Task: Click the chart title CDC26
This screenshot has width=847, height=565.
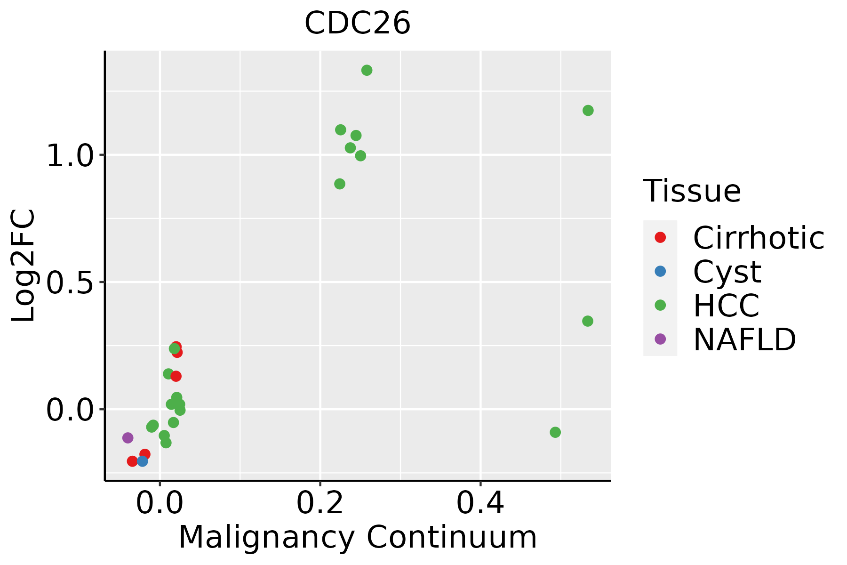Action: pyautogui.click(x=358, y=24)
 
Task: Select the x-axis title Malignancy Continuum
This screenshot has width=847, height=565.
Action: pyautogui.click(x=358, y=538)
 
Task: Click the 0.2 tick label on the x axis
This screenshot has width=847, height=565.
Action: pyautogui.click(x=320, y=503)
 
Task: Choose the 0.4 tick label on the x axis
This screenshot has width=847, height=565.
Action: pyautogui.click(x=480, y=503)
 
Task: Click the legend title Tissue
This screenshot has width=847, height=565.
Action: pyautogui.click(x=692, y=191)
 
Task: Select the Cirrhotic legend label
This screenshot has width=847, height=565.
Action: pyautogui.click(x=759, y=238)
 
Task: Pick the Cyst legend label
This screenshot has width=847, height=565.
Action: pyautogui.click(x=727, y=272)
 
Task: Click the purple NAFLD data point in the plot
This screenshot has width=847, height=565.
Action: pyautogui.click(x=128, y=438)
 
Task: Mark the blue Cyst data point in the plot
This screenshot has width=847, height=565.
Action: pyautogui.click(x=143, y=461)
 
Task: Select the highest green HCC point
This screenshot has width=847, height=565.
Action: pyautogui.click(x=367, y=70)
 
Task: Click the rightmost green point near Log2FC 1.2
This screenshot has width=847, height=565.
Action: pyautogui.click(x=588, y=111)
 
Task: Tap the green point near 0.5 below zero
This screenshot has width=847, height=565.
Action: pyautogui.click(x=555, y=432)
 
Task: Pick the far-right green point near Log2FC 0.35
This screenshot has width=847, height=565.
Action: pyautogui.click(x=588, y=321)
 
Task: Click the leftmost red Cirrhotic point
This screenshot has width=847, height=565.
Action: pyautogui.click(x=133, y=461)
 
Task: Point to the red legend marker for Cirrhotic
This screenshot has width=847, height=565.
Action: pyautogui.click(x=660, y=237)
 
